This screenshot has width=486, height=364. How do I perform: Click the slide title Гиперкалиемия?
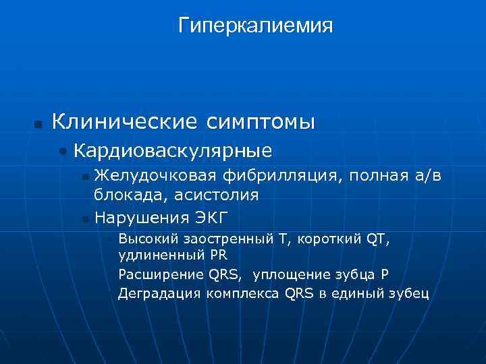(x=256, y=26)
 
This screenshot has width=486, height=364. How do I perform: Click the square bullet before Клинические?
(x=38, y=124)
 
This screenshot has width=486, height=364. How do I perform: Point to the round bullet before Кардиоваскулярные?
(x=63, y=151)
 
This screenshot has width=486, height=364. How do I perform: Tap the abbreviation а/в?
(x=426, y=177)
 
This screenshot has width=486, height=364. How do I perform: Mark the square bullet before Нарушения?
(x=84, y=218)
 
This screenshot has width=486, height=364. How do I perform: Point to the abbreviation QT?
(x=379, y=239)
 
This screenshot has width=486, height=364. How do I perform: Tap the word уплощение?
(x=296, y=274)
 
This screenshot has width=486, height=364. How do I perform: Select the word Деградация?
(x=159, y=293)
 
